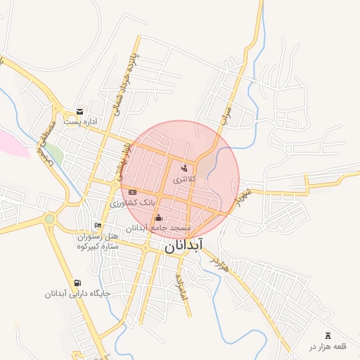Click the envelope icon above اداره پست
(79, 112)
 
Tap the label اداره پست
(79, 122)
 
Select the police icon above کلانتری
(185, 168)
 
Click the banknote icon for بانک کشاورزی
(132, 192)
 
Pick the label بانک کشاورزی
(131, 203)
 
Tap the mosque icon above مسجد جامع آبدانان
(157, 217)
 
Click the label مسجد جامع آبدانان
(157, 229)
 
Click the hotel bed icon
(98, 226)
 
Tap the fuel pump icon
(77, 283)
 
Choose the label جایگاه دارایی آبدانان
(77, 295)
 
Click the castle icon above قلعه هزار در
(327, 335)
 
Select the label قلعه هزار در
(328, 347)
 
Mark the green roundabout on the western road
(49, 219)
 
